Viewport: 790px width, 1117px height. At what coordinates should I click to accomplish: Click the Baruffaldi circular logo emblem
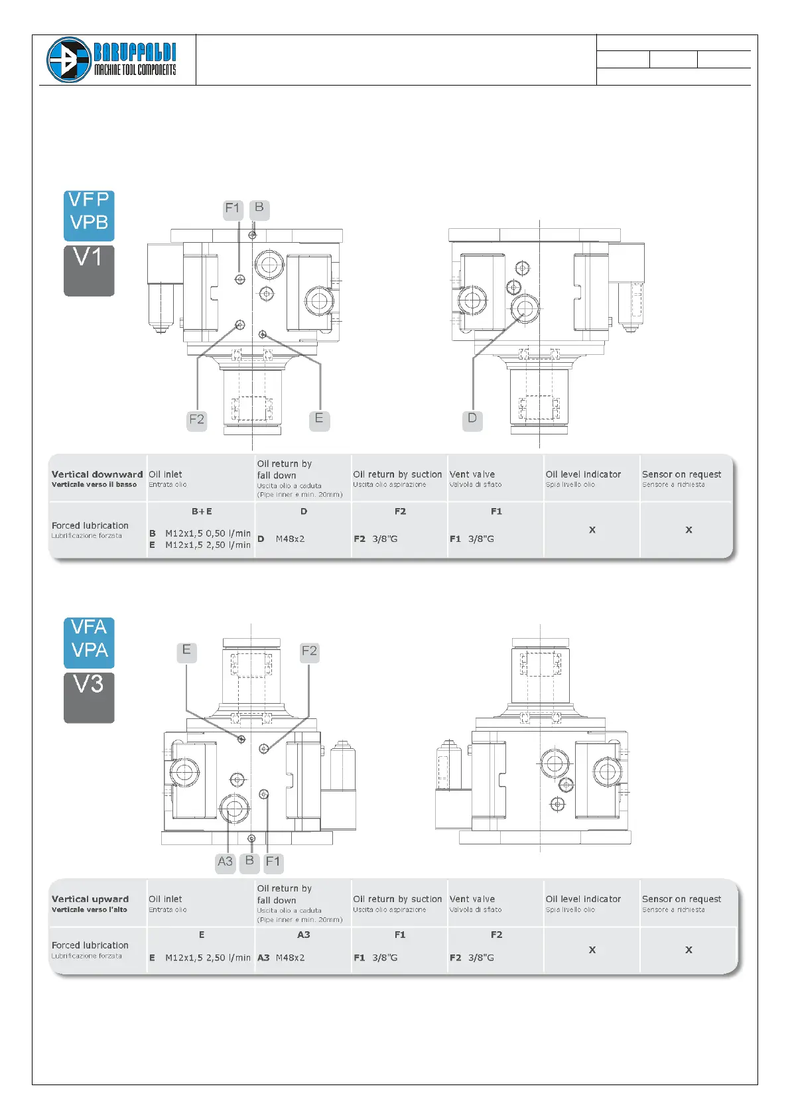tap(68, 60)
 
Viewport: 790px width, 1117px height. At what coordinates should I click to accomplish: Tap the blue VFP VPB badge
tap(89, 216)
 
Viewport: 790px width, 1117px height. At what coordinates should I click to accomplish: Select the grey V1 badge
tap(89, 270)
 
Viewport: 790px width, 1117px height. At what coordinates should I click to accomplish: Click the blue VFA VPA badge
tap(89, 642)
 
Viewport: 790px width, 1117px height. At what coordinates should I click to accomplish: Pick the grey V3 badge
tap(89, 697)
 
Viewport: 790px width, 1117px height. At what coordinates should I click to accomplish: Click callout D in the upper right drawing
tap(472, 419)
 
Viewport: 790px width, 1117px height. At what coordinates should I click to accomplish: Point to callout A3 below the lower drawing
tap(226, 862)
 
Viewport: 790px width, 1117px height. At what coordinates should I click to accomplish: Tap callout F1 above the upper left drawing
tap(233, 209)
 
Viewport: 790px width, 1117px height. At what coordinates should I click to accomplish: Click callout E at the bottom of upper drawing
tap(319, 419)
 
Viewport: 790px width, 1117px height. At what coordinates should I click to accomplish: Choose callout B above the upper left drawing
tap(259, 208)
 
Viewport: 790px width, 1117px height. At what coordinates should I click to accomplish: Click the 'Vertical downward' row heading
tap(97, 475)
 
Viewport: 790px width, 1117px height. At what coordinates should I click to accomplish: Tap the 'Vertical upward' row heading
tap(90, 899)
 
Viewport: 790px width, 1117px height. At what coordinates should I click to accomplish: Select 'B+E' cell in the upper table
tap(202, 511)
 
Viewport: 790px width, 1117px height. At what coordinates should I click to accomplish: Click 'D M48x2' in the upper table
tap(281, 539)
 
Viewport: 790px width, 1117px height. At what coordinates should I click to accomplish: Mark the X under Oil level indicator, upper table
tap(592, 530)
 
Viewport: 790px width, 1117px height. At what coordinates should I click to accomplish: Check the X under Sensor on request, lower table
tap(689, 950)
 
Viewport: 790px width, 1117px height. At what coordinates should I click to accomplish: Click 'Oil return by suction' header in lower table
tap(397, 899)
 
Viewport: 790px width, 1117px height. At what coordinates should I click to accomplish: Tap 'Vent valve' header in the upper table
tap(472, 475)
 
